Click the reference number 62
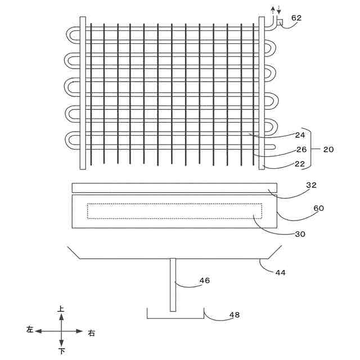tap(296, 17)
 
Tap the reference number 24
tap(300, 135)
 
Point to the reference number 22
tap(300, 164)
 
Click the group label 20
tap(328, 149)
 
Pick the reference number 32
tap(311, 184)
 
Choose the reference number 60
tap(318, 208)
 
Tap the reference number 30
tap(300, 234)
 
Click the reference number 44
tap(280, 272)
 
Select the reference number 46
tap(205, 280)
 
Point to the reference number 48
tap(234, 315)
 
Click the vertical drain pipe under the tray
tap(173, 284)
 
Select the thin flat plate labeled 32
tap(174, 188)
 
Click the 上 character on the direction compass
tap(61, 309)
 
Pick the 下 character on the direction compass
tap(61, 351)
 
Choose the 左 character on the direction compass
tap(30, 330)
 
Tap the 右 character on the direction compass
tap(92, 332)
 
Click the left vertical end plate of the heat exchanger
tap(83, 93)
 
